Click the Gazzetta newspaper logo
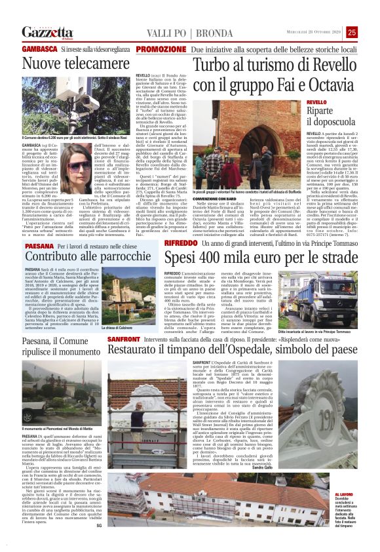[45, 32]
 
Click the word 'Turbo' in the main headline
[214, 66]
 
